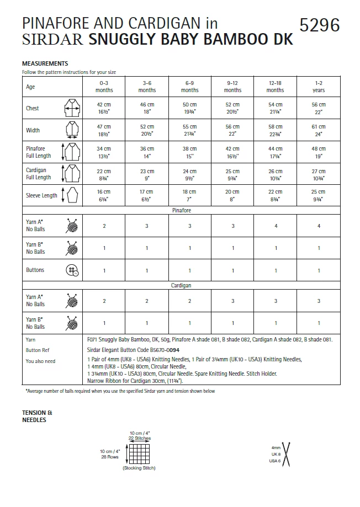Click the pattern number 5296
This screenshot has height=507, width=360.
319,25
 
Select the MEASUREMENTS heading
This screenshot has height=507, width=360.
45,63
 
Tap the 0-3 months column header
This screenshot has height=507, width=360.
104,86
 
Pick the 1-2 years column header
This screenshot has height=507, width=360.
319,86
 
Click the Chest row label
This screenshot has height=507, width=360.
33,108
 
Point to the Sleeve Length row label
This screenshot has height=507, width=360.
41,195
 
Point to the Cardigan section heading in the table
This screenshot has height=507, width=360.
181,286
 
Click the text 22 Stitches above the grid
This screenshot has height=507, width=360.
140,439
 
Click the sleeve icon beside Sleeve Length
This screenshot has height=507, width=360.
71,195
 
